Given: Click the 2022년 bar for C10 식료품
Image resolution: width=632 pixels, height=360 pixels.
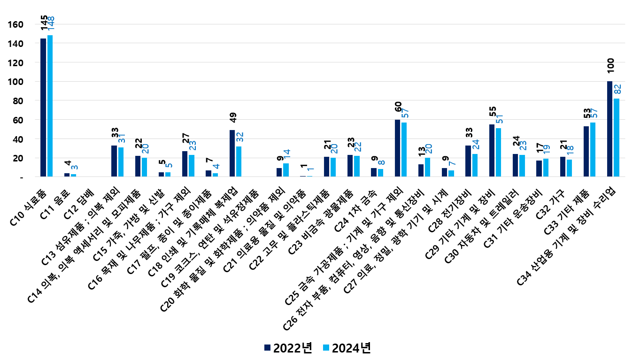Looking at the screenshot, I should pos(43,107).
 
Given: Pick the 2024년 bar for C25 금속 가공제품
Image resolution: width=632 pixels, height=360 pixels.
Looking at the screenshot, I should pos(404,150).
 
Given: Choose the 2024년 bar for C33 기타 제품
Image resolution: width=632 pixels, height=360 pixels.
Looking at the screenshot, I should pos(593,150).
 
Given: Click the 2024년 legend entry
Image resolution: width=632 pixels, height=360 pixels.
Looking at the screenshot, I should pos(347,348).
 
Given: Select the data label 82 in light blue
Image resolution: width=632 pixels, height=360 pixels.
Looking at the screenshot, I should pos(617,90).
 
